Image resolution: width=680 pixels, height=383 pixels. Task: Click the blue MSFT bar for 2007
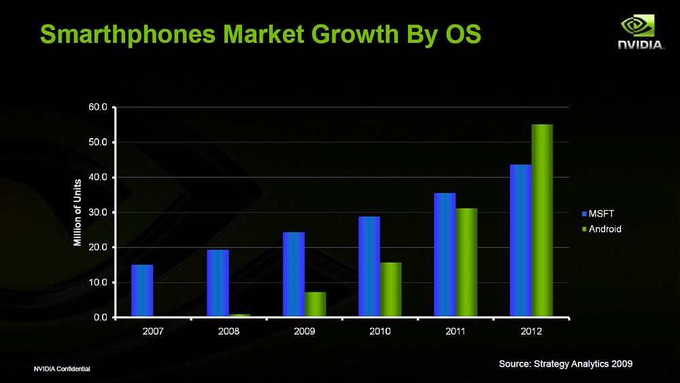[142, 291]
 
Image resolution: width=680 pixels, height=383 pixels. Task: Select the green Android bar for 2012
[542, 221]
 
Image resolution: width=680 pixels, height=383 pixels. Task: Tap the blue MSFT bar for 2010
[369, 267]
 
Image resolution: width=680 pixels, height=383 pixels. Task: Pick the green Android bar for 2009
[316, 305]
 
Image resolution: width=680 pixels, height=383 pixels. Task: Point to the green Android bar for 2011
[466, 263]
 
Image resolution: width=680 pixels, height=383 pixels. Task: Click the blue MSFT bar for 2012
[521, 241]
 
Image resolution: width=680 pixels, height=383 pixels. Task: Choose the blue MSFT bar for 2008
[218, 283]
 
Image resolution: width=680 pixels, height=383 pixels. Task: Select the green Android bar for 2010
[391, 290]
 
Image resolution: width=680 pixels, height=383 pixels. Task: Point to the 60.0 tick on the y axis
[99, 107]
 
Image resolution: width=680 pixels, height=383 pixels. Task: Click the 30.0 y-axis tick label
[99, 212]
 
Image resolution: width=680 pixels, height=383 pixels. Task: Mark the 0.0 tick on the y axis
[101, 318]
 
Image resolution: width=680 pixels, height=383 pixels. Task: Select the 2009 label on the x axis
[304, 331]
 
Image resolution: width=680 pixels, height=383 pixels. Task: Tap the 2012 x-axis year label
[531, 331]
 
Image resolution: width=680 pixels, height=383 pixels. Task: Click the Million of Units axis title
[78, 212]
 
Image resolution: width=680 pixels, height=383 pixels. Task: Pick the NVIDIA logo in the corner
[641, 33]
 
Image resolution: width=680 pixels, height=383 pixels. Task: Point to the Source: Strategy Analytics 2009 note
[565, 364]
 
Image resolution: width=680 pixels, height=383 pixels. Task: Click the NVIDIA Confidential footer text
[63, 369]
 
